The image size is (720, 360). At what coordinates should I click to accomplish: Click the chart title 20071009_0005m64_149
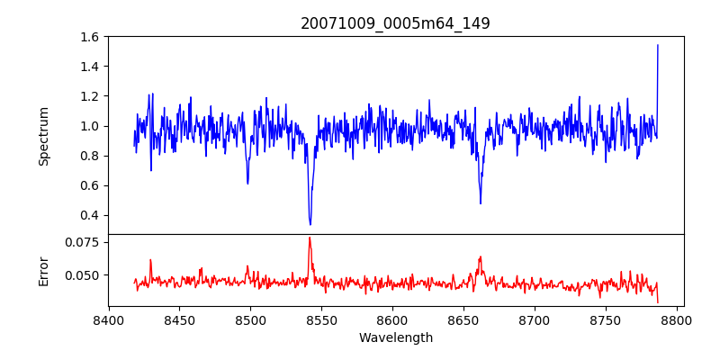click(395, 23)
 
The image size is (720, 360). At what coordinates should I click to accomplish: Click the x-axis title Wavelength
click(395, 337)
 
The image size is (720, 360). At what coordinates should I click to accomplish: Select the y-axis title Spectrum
click(44, 136)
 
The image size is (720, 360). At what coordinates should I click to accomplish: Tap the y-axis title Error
click(44, 270)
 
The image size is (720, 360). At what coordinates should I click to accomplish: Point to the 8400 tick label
click(108, 319)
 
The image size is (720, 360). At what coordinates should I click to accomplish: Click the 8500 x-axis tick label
click(250, 319)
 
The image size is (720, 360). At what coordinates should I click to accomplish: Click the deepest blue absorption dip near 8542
click(310, 224)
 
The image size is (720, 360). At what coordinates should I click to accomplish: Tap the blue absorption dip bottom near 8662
click(481, 203)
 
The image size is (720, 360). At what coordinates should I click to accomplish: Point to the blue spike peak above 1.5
click(658, 45)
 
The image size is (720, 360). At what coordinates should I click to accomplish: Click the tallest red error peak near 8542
click(310, 238)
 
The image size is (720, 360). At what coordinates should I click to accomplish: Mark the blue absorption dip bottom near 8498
click(247, 184)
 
